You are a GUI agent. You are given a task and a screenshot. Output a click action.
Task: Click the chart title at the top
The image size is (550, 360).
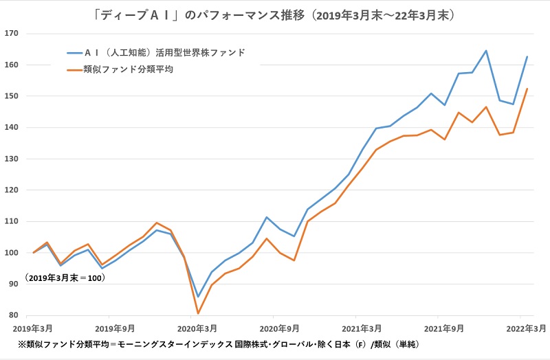click(x=275, y=14)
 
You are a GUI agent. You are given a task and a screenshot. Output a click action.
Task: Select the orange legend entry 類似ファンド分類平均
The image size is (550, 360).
click(x=128, y=69)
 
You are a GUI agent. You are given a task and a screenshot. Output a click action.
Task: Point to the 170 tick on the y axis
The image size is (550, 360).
click(x=11, y=33)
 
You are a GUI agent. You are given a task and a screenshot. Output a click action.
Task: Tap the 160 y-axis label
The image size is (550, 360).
click(x=11, y=65)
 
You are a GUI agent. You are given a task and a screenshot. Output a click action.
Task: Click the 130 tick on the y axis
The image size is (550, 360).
click(x=11, y=159)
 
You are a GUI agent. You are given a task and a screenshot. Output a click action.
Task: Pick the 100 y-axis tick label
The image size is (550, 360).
click(x=11, y=253)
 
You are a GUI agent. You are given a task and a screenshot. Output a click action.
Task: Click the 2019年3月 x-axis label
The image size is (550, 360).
click(x=34, y=328)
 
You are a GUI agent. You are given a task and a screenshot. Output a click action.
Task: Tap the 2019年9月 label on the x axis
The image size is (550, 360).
click(x=115, y=328)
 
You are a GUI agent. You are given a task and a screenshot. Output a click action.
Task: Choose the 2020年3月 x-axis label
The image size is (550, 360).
click(x=197, y=328)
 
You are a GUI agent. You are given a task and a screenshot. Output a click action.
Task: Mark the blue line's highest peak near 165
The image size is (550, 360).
click(x=486, y=50)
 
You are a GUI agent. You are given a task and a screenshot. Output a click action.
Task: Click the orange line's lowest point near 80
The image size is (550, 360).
click(x=198, y=313)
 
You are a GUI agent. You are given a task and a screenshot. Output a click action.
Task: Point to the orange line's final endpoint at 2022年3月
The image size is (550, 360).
click(x=527, y=89)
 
